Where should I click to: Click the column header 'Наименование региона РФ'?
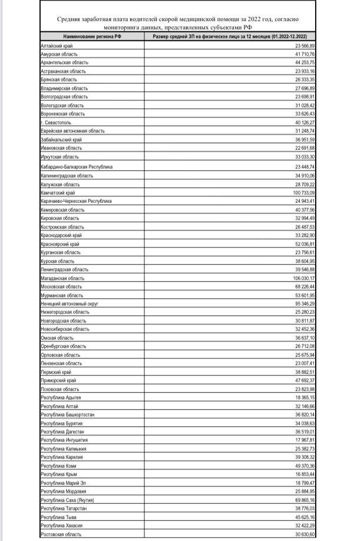[90, 37]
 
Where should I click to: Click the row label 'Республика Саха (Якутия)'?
[68, 500]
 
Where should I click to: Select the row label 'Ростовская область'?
[61, 535]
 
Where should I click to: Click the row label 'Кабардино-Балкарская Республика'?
[76, 167]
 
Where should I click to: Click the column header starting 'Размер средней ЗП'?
[230, 37]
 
